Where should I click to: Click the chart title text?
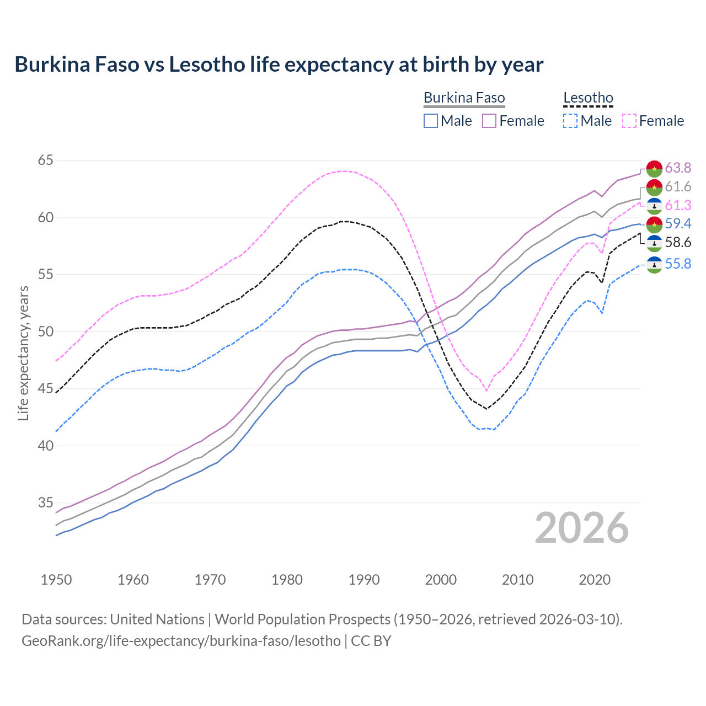coord(279,65)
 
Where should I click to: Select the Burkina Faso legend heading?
coord(464,98)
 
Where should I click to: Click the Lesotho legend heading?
coord(588,98)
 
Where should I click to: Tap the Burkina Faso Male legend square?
coord(431,121)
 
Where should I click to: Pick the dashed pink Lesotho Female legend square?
coord(629,121)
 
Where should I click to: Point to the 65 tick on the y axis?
coord(46,161)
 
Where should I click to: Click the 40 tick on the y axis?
coord(46,446)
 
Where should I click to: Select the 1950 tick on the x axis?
coord(56,580)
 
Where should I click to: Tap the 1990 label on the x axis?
coord(364,580)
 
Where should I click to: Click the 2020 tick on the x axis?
coord(595,580)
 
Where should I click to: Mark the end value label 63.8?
coord(678,168)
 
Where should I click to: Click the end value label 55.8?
coord(678,264)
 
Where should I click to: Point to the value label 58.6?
coord(678,242)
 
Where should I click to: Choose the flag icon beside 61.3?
coord(654,206)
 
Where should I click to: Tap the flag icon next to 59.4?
coord(654,224)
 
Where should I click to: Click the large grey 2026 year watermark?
coord(582,528)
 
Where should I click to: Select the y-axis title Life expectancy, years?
coord(23,353)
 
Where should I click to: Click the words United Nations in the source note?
coord(157,619)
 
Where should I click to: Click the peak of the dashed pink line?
coord(344,171)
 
